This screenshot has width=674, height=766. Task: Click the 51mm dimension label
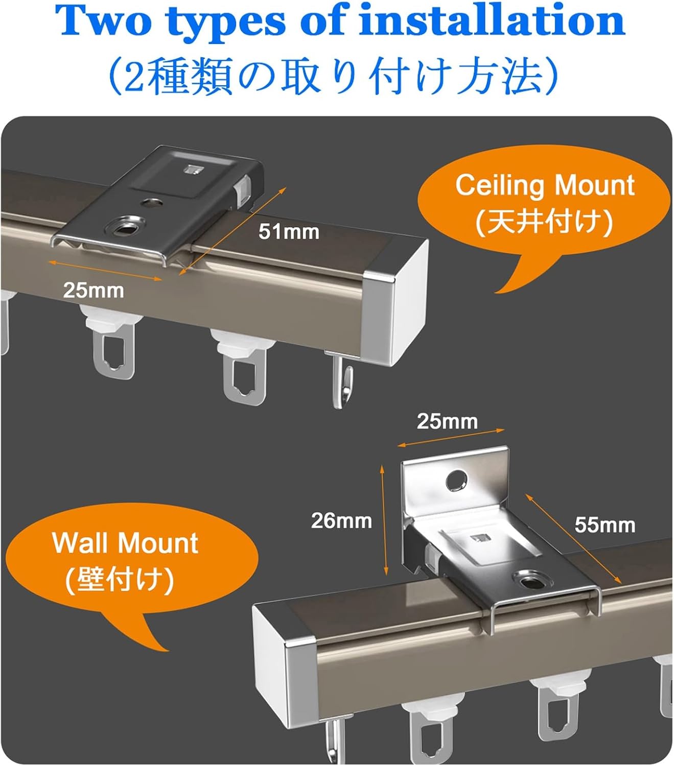[x=289, y=231]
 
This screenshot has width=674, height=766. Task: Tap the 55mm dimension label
[x=605, y=525]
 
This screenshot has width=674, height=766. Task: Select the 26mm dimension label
[x=341, y=520]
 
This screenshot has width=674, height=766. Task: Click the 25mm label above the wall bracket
[x=447, y=421]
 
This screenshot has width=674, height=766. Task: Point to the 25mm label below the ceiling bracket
[x=94, y=291]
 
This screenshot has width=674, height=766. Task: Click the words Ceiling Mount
[x=545, y=186]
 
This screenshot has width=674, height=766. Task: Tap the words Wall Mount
[x=125, y=543]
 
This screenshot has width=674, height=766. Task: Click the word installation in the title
[x=492, y=20]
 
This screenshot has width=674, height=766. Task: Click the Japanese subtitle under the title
[x=333, y=76]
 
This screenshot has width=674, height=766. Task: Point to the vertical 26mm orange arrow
[x=384, y=520]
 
